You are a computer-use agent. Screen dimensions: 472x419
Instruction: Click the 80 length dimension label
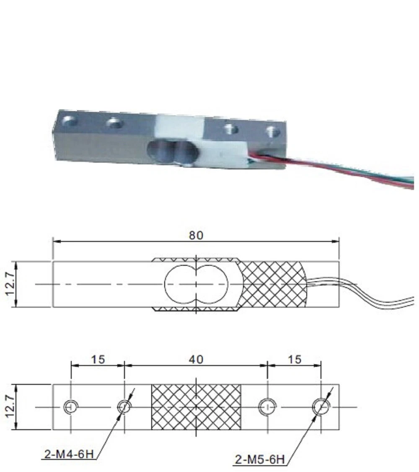(x=196, y=235)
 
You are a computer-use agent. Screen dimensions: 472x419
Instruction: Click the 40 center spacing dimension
(x=196, y=359)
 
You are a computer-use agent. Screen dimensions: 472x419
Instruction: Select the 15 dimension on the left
(x=98, y=359)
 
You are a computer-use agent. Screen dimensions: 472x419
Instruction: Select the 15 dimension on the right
(x=295, y=359)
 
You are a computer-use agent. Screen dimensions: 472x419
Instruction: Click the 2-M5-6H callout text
(x=260, y=460)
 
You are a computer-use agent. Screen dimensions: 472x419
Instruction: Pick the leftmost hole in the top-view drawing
(x=70, y=406)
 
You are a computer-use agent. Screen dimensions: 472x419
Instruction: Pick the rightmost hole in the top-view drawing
(x=321, y=406)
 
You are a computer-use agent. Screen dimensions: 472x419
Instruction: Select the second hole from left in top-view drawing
(x=124, y=406)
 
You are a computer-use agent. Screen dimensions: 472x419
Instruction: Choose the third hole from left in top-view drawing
(x=267, y=406)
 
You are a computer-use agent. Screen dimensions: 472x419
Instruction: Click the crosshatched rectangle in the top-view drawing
(x=196, y=407)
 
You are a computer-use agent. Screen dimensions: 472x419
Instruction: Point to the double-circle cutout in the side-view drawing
(x=196, y=284)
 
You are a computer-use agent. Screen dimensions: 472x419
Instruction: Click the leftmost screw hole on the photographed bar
(x=70, y=122)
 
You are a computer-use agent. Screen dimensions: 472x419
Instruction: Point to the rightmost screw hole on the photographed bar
(x=273, y=132)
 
